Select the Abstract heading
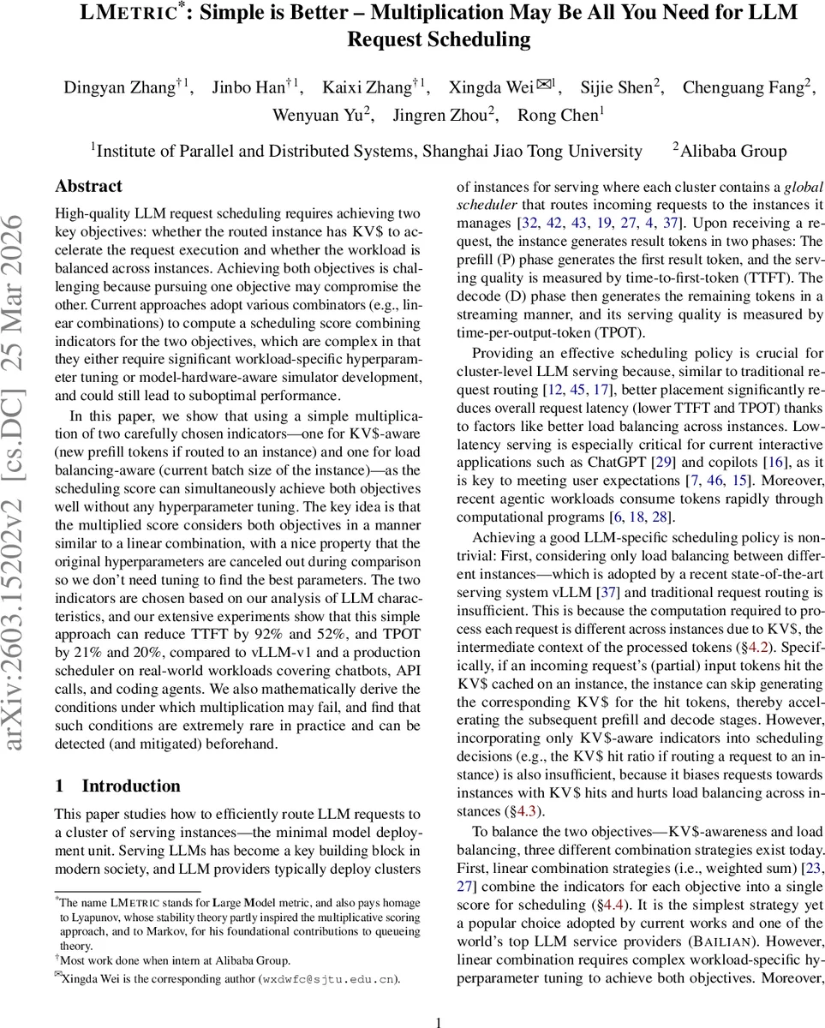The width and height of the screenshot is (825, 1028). tap(88, 186)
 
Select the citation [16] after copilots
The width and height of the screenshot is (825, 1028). tap(772, 462)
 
